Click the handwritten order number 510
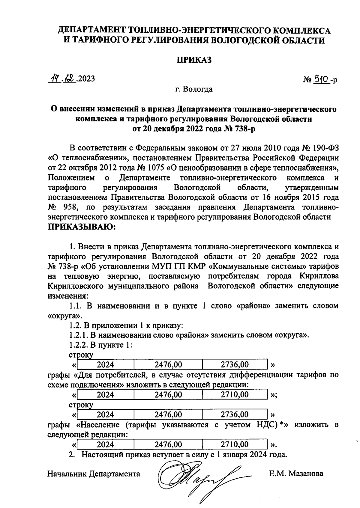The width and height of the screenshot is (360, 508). click(x=320, y=79)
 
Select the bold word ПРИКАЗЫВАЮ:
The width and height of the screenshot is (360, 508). click(x=82, y=227)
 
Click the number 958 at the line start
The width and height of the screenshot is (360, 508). click(x=70, y=207)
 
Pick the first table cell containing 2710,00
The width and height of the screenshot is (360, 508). click(x=235, y=395)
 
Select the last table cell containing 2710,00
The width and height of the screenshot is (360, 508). click(x=235, y=444)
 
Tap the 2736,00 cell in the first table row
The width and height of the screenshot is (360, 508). click(x=235, y=365)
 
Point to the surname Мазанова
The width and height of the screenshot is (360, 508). click(x=304, y=474)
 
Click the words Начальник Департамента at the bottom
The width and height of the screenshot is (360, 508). click(x=94, y=474)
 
